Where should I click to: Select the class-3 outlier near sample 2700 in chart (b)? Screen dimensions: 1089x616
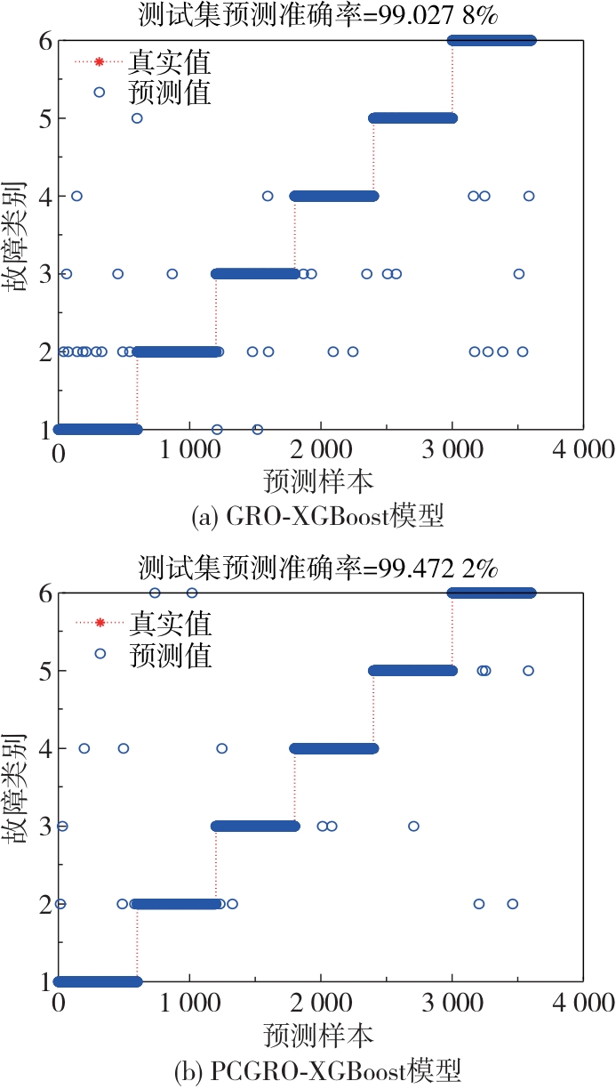(413, 827)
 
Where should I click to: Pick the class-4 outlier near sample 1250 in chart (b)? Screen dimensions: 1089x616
(222, 748)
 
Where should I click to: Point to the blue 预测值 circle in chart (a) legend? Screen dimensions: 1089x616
(100, 92)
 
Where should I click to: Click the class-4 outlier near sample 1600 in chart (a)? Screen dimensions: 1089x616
(268, 196)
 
